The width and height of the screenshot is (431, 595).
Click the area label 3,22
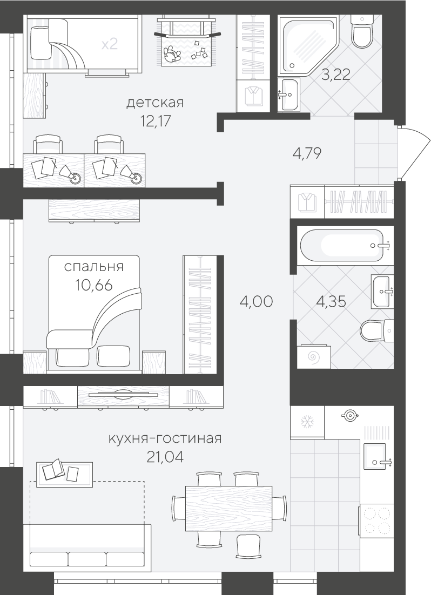pyautogui.click(x=335, y=74)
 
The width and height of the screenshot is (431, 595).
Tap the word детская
pyautogui.click(x=156, y=103)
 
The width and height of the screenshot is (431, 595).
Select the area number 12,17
pyautogui.click(x=156, y=121)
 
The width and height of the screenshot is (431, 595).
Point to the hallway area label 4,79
pyautogui.click(x=307, y=154)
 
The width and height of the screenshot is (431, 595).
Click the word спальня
pyautogui.click(x=94, y=266)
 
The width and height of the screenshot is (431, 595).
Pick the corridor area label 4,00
pyautogui.click(x=257, y=301)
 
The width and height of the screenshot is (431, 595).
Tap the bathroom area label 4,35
pyautogui.click(x=331, y=301)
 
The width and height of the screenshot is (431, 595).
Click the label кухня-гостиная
pyautogui.click(x=165, y=438)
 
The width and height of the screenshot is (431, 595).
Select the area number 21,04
pyautogui.click(x=165, y=457)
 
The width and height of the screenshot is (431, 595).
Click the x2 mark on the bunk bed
pyautogui.click(x=110, y=44)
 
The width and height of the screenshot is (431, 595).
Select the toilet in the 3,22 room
pyautogui.click(x=361, y=31)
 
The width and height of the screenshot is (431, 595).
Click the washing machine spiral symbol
pyautogui.click(x=312, y=356)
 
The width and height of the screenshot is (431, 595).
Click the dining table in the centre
pyautogui.click(x=228, y=508)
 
